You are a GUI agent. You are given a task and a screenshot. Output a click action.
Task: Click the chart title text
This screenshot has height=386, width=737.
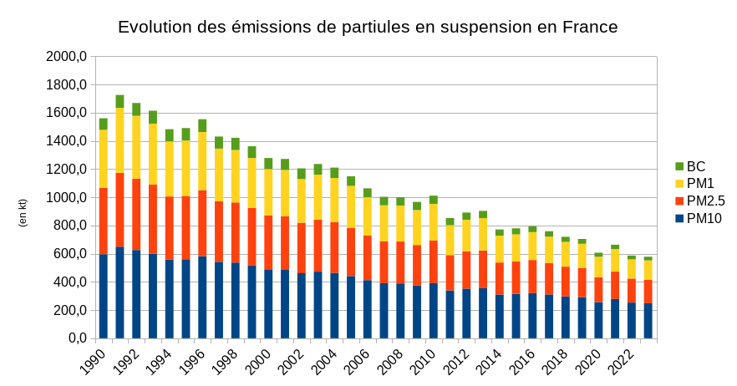[368, 27]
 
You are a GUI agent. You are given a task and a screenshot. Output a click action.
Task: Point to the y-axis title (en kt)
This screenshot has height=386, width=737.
[23, 213]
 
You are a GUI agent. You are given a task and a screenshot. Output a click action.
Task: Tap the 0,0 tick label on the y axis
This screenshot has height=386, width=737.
[76, 338]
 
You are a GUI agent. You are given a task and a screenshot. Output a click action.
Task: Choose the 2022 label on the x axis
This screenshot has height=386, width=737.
[622, 359]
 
